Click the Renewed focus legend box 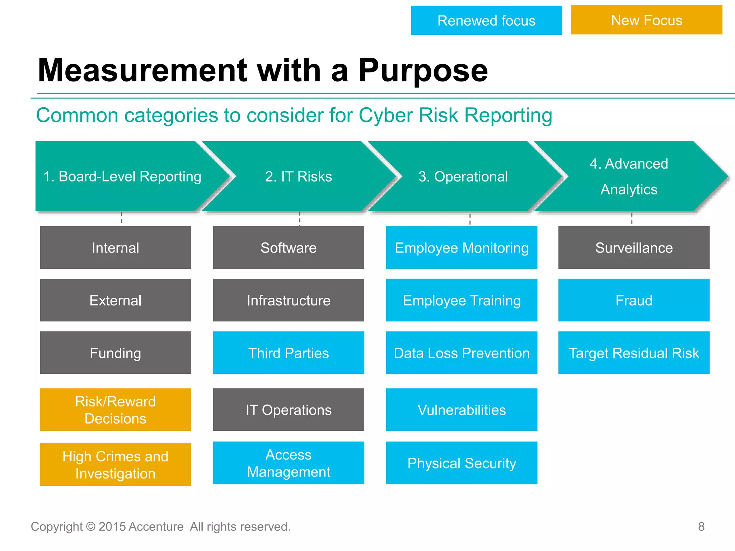tap(486, 20)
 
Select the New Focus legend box tap(646, 20)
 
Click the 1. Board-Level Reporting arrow tap(122, 176)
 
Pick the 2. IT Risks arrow tap(299, 176)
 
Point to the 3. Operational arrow tap(463, 176)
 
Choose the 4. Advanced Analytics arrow tap(629, 176)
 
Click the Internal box tap(115, 248)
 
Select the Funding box tap(115, 353)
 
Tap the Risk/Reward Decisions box tap(115, 410)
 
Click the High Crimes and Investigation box tap(115, 465)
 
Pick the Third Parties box tap(288, 353)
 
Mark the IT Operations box tap(288, 410)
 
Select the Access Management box tap(288, 463)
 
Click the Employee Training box tap(462, 300)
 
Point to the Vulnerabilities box tap(462, 410)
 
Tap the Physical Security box tap(462, 463)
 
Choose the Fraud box tap(634, 300)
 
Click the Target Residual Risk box tap(634, 353)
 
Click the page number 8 tap(701, 526)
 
